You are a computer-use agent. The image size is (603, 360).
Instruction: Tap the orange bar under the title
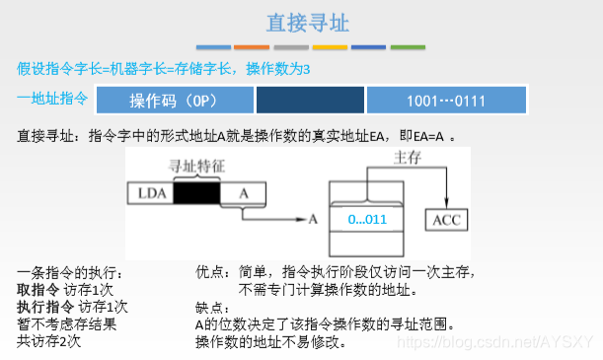click(252, 46)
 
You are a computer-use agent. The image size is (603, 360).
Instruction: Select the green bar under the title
click(407, 46)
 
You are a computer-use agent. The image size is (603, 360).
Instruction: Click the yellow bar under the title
click(330, 46)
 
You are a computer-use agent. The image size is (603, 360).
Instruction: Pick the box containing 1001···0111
click(445, 101)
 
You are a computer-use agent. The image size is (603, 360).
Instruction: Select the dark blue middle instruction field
click(309, 101)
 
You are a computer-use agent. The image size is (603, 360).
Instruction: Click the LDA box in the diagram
click(149, 193)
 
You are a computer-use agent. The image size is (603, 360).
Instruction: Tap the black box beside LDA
click(196, 193)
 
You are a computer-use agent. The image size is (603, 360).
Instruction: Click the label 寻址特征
click(198, 168)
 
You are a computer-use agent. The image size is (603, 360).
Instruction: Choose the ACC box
click(446, 219)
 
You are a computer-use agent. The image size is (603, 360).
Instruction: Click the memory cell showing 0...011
click(367, 219)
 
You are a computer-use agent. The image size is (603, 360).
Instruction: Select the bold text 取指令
click(38, 289)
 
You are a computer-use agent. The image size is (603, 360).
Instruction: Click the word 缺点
click(209, 307)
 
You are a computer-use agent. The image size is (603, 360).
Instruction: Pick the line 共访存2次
click(48, 342)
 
